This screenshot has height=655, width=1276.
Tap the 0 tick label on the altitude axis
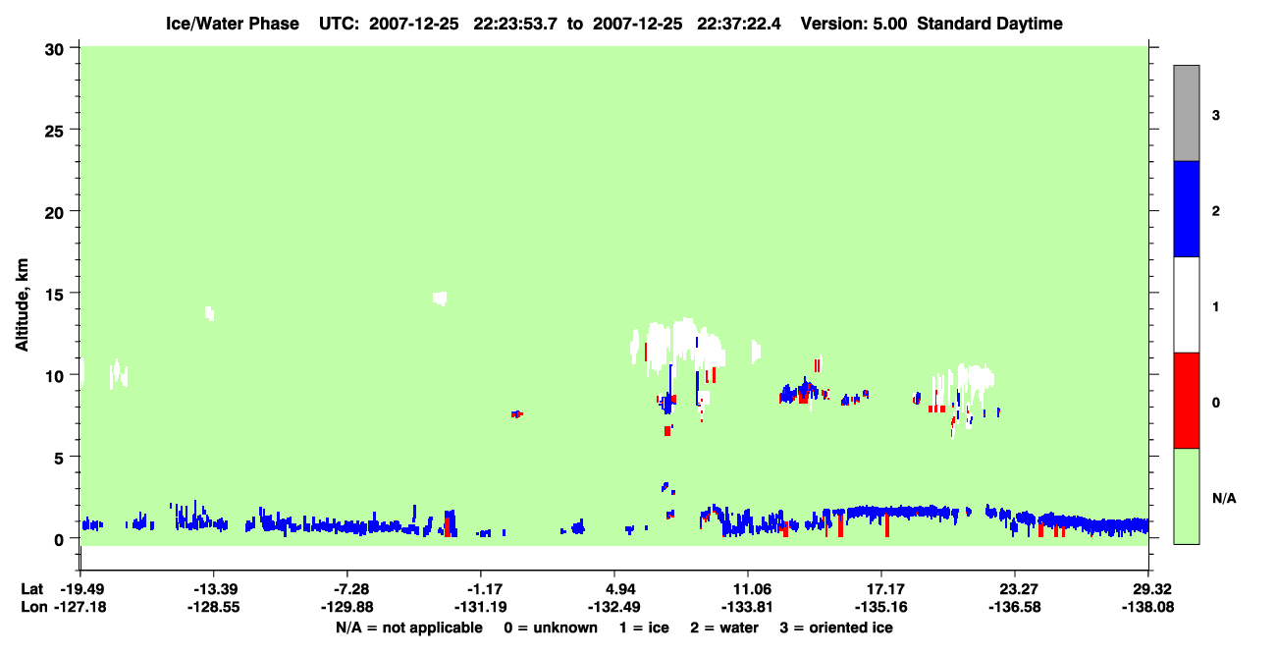coord(59,540)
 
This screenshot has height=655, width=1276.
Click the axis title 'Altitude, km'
coord(22,304)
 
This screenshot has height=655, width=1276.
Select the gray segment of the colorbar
coord(1186,113)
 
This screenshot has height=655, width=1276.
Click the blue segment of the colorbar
coord(1186,208)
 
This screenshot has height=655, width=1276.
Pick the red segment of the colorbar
coord(1186,401)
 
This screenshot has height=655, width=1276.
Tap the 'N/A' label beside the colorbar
coord(1224,499)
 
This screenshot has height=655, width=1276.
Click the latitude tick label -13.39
coord(215,589)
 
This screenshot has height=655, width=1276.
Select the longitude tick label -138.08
coord(1147,607)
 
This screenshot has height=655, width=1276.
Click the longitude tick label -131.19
coord(480,607)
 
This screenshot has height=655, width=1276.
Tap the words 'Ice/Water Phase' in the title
coord(233,24)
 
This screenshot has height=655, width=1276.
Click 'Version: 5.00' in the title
coord(853,24)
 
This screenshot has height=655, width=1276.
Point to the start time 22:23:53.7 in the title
coord(515,24)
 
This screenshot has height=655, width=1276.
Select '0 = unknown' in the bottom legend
coord(551,628)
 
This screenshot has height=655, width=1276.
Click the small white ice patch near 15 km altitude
coord(440,299)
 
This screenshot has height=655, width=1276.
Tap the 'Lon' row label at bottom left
coord(34,607)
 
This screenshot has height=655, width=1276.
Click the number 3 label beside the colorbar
coord(1215,116)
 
